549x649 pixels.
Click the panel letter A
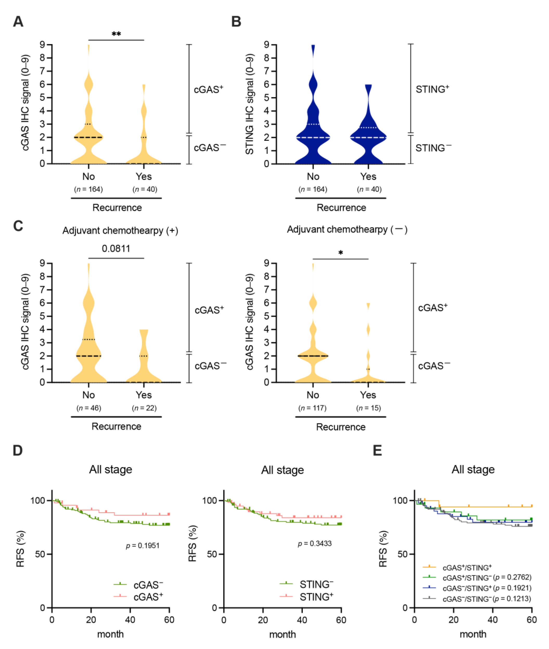[x=18, y=22]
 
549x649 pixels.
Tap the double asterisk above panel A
[x=116, y=34]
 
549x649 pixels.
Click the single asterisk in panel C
[x=340, y=253]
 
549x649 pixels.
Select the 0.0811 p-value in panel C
[x=116, y=249]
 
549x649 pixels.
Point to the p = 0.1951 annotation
[x=143, y=546]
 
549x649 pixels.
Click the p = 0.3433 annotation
[x=315, y=543]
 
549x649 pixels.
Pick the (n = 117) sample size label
[x=312, y=408]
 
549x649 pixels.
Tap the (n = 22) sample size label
[x=144, y=408]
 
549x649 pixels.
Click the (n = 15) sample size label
[x=369, y=408]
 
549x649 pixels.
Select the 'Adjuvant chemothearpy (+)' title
[x=120, y=231]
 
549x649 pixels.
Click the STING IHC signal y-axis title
[x=249, y=104]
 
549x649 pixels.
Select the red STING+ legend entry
[x=307, y=597]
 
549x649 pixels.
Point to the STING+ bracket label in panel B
[x=432, y=89]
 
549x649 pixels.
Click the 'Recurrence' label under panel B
[x=341, y=208]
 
